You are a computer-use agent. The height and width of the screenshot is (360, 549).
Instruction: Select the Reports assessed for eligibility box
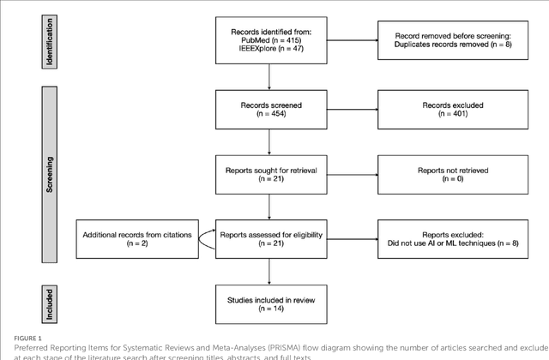(270, 237)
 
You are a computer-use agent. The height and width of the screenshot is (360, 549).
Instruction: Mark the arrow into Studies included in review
(270, 269)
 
